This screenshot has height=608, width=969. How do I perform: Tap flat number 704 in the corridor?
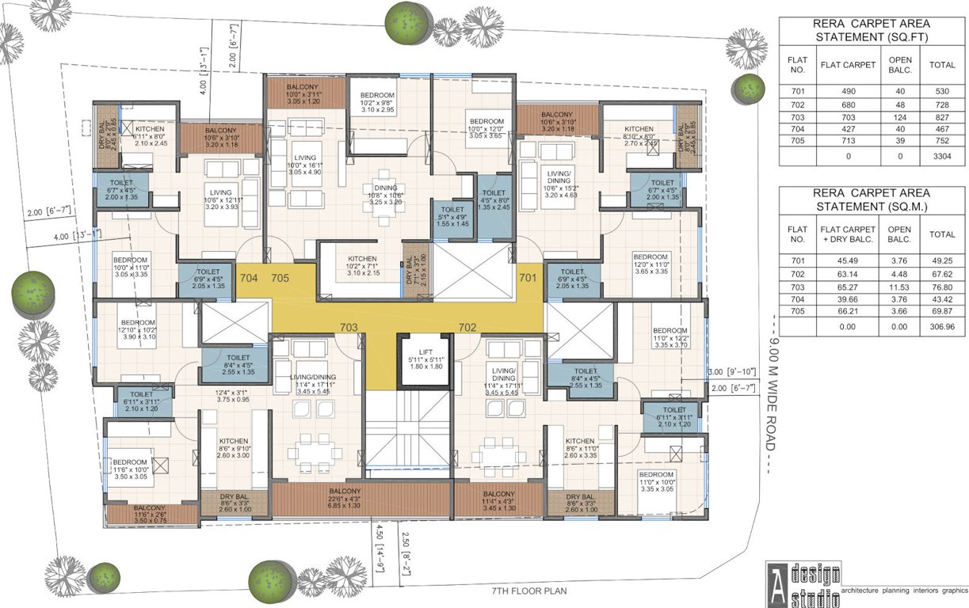click(249, 278)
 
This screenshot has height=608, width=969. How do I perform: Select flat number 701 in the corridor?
click(528, 278)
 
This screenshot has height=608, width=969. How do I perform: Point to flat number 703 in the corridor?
click(349, 326)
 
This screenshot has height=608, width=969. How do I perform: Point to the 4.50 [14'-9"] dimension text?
click(380, 548)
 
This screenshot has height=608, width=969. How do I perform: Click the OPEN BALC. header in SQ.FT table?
click(900, 65)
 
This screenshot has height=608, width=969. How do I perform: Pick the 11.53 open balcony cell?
click(899, 283)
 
